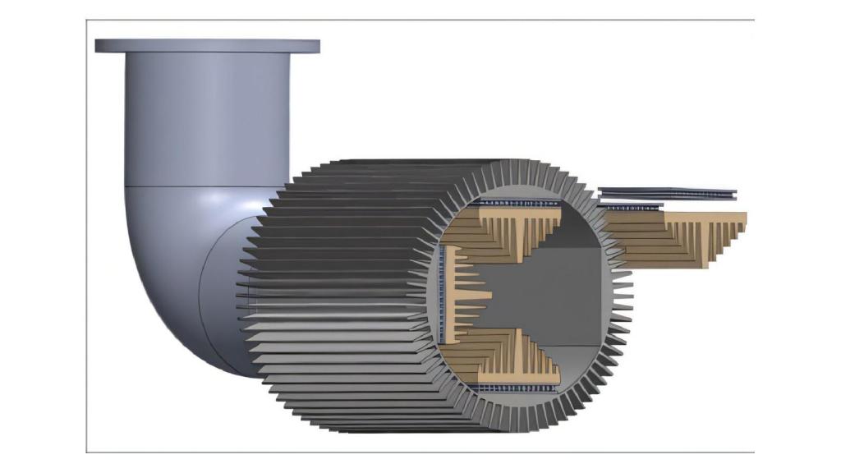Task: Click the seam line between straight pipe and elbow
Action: (205, 186)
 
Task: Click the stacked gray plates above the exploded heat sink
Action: (667, 194)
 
